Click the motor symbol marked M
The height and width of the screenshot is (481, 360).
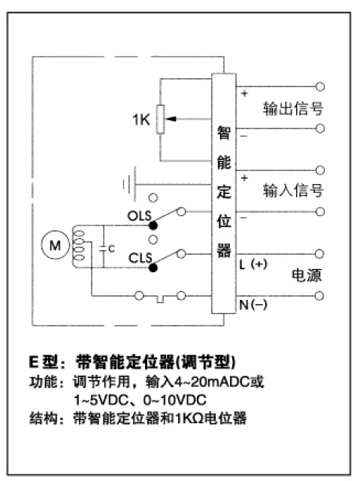(55, 245)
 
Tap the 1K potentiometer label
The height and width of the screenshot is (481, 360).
(141, 119)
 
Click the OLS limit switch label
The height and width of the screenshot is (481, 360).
(140, 216)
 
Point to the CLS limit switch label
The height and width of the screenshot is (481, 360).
(141, 258)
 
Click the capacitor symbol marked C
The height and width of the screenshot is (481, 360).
(104, 248)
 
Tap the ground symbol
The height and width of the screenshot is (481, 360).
(129, 185)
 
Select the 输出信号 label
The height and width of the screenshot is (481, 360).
(293, 108)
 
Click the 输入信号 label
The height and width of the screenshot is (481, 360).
(293, 190)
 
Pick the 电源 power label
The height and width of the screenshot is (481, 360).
(307, 275)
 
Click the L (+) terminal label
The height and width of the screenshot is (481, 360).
(253, 264)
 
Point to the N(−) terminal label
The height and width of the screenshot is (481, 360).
(253, 304)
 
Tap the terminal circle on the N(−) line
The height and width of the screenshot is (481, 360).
(319, 295)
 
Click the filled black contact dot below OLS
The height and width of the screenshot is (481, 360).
(153, 225)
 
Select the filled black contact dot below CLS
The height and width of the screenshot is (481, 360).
(153, 268)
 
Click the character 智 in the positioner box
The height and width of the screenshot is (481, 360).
(224, 133)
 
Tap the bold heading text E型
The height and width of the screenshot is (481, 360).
(44, 362)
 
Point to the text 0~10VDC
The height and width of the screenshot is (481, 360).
(175, 400)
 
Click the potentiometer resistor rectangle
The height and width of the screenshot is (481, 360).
(160, 119)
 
